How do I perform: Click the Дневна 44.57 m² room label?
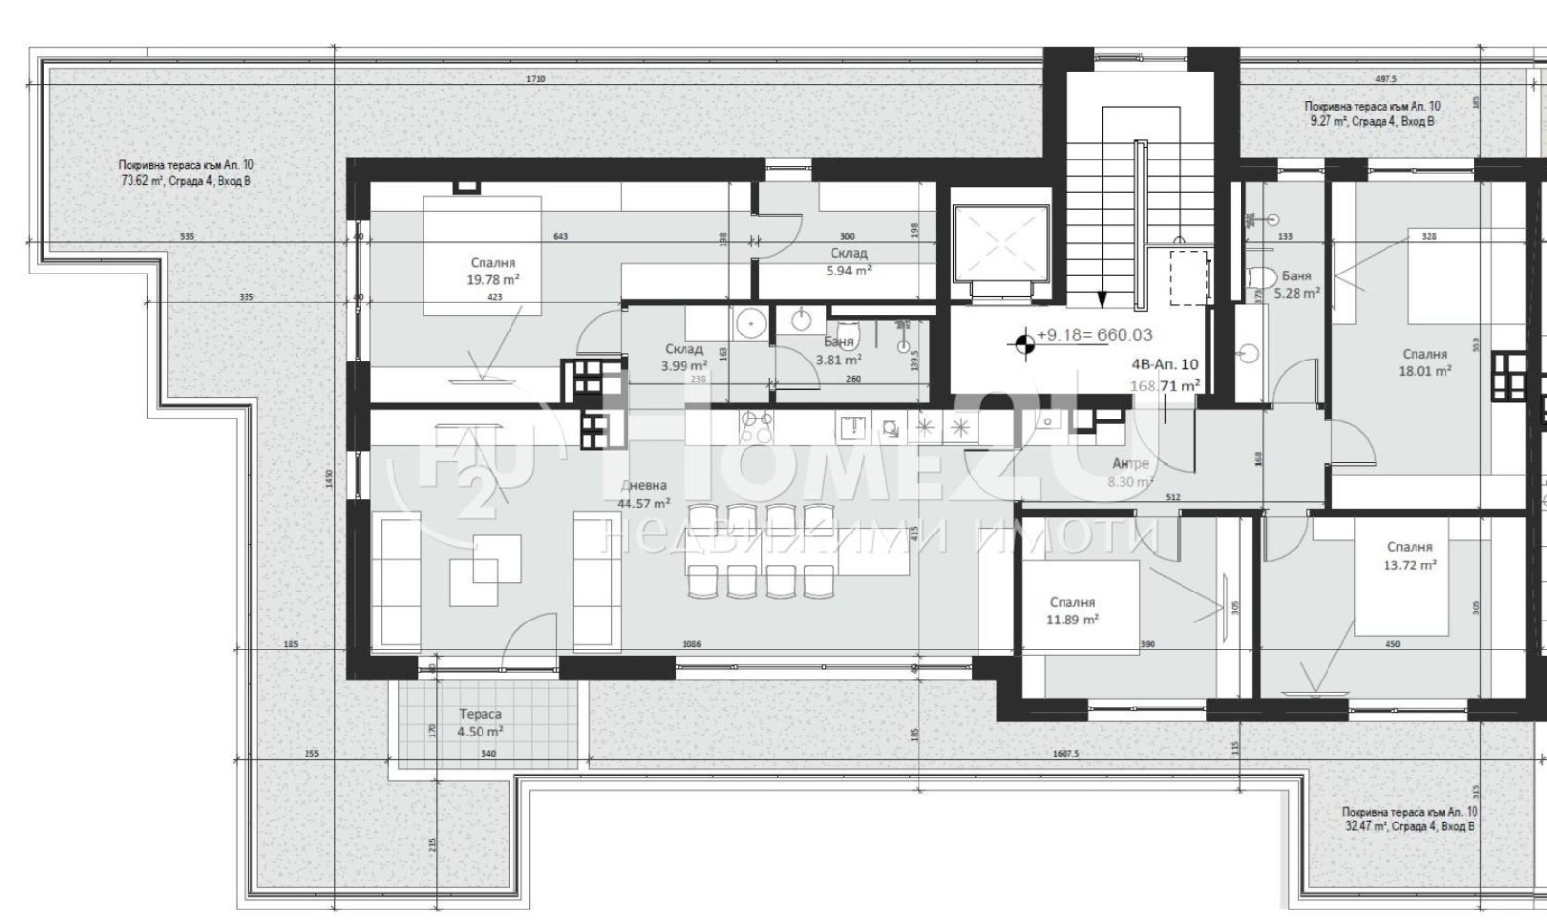point(643,494)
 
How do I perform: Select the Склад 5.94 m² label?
point(848,262)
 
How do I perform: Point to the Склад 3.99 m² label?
point(684,358)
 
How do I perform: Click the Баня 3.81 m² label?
point(837,351)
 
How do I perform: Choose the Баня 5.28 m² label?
point(1296,284)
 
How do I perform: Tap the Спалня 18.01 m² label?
point(1424,362)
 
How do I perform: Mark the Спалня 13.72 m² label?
point(1409,556)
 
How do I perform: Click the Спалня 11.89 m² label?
point(1071,611)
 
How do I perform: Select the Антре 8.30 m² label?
point(1129,473)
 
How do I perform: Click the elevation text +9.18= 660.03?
point(1094,335)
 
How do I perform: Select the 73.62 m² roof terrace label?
point(186,173)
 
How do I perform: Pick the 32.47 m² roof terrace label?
point(1408,820)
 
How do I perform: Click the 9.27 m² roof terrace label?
point(1372,114)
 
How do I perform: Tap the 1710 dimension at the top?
point(536,79)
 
